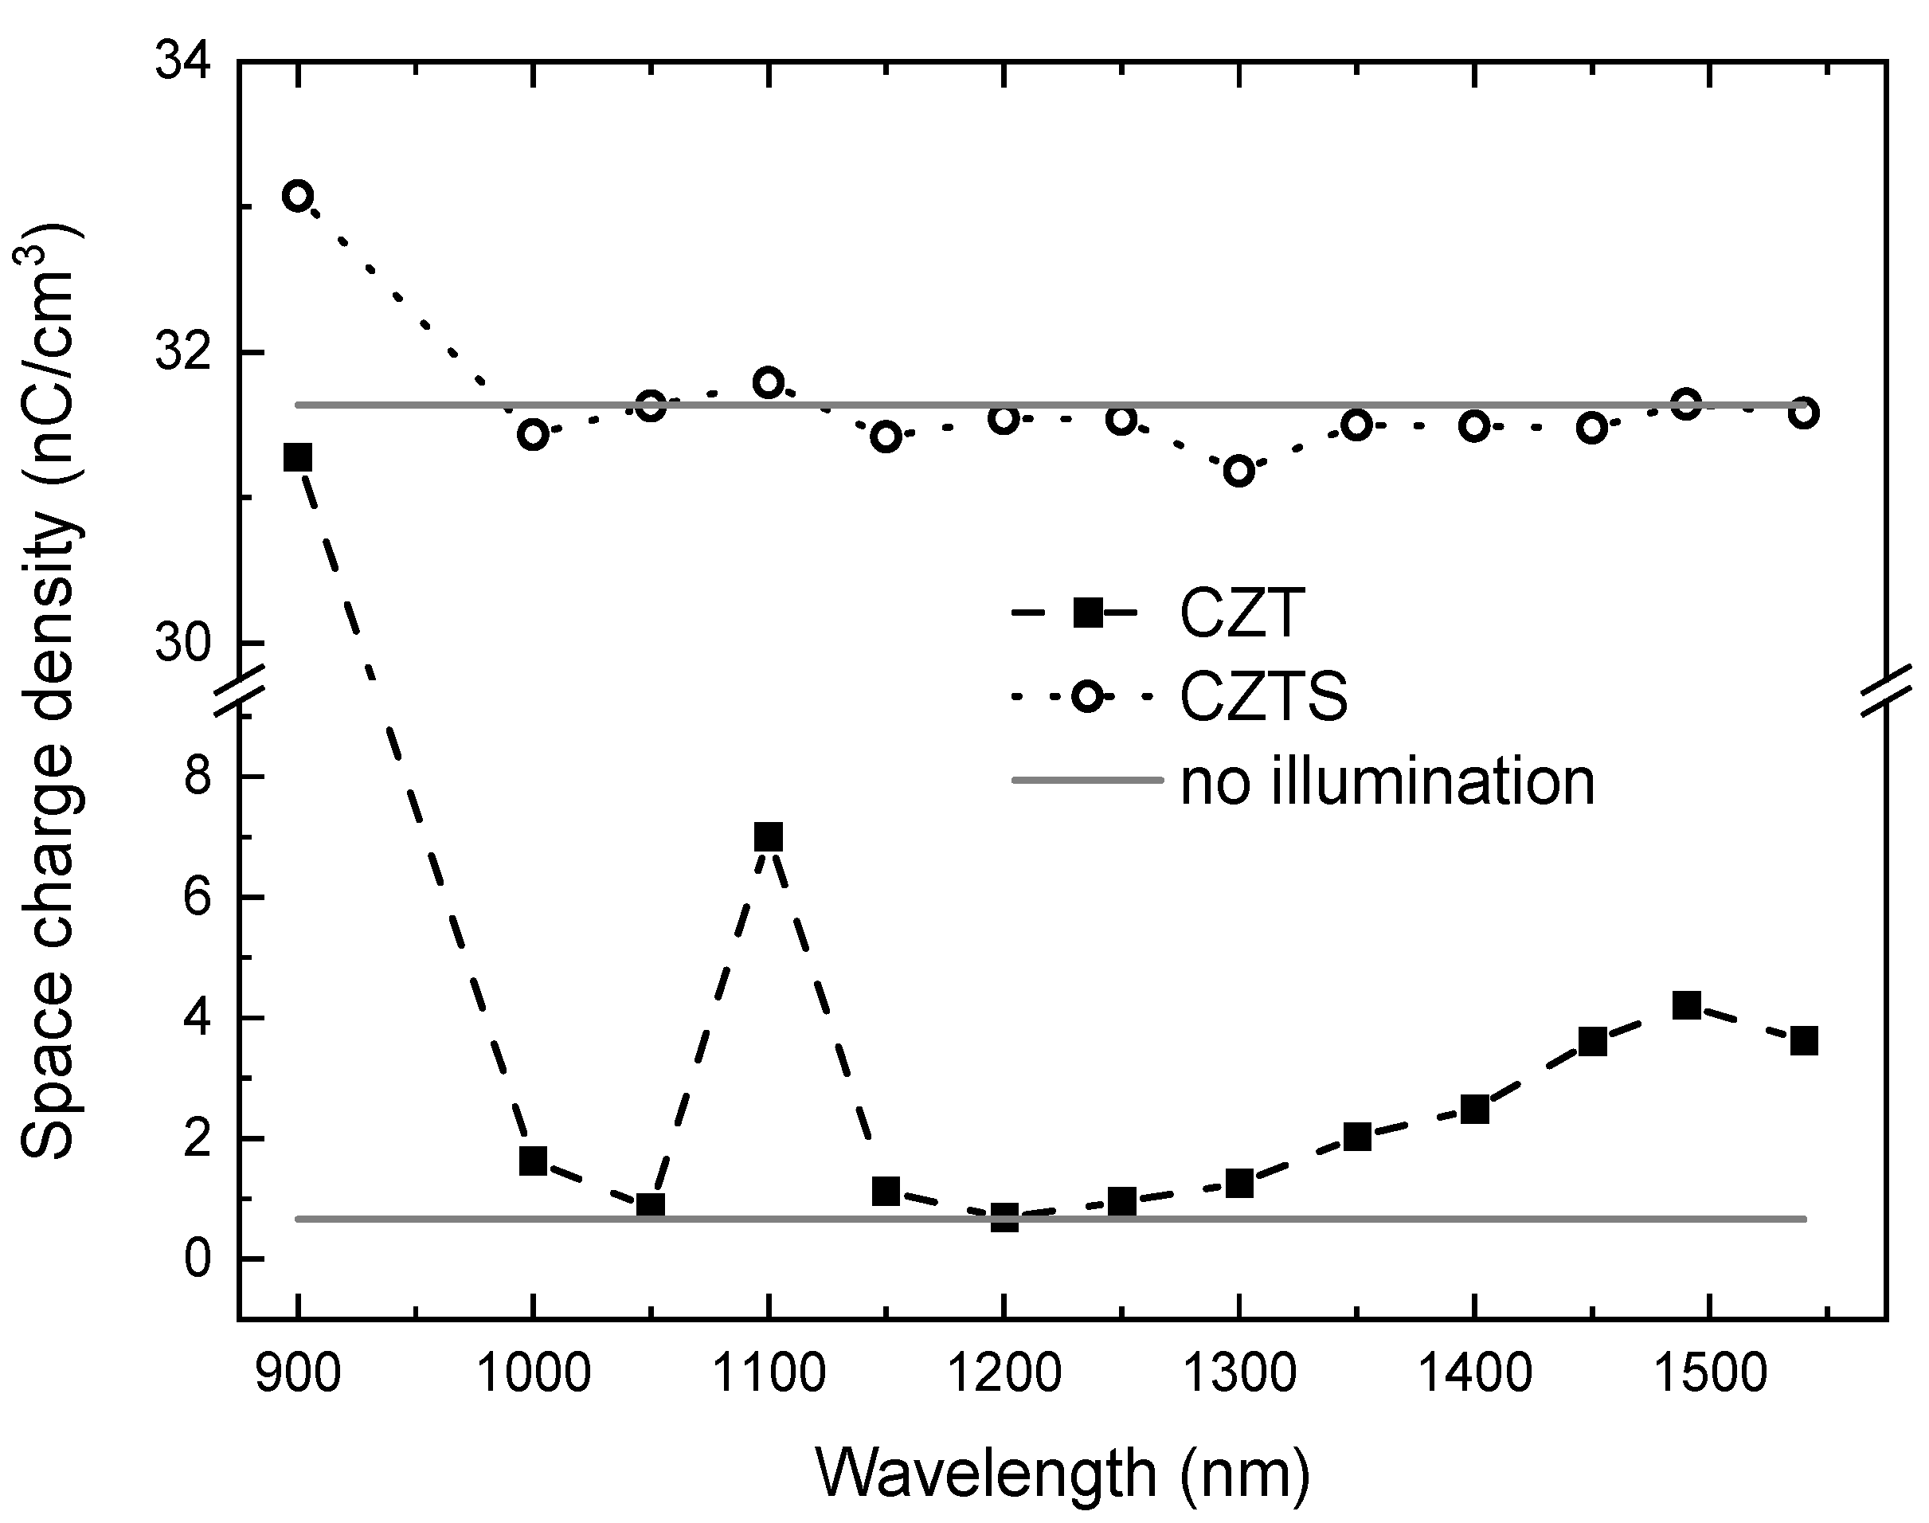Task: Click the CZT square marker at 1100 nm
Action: (768, 837)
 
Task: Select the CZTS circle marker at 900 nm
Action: (297, 195)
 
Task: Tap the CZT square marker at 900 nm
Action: (297, 457)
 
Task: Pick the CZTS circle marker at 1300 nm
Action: (1239, 470)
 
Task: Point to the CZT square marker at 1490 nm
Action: (1685, 1006)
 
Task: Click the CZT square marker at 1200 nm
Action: (1004, 1217)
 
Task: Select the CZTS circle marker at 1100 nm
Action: (768, 382)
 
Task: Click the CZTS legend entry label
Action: (1263, 696)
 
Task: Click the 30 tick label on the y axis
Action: (182, 644)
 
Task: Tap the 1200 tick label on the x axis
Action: (1004, 1374)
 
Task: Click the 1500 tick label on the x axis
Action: (1709, 1374)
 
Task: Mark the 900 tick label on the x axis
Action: (298, 1374)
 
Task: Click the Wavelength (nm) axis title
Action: (1062, 1473)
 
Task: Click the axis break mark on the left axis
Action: (239, 688)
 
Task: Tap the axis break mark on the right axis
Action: (1886, 688)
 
